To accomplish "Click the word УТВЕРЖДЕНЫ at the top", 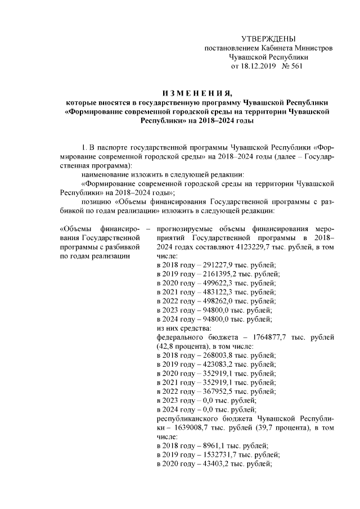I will [x=268, y=38].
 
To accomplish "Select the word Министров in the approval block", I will [x=315, y=48].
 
